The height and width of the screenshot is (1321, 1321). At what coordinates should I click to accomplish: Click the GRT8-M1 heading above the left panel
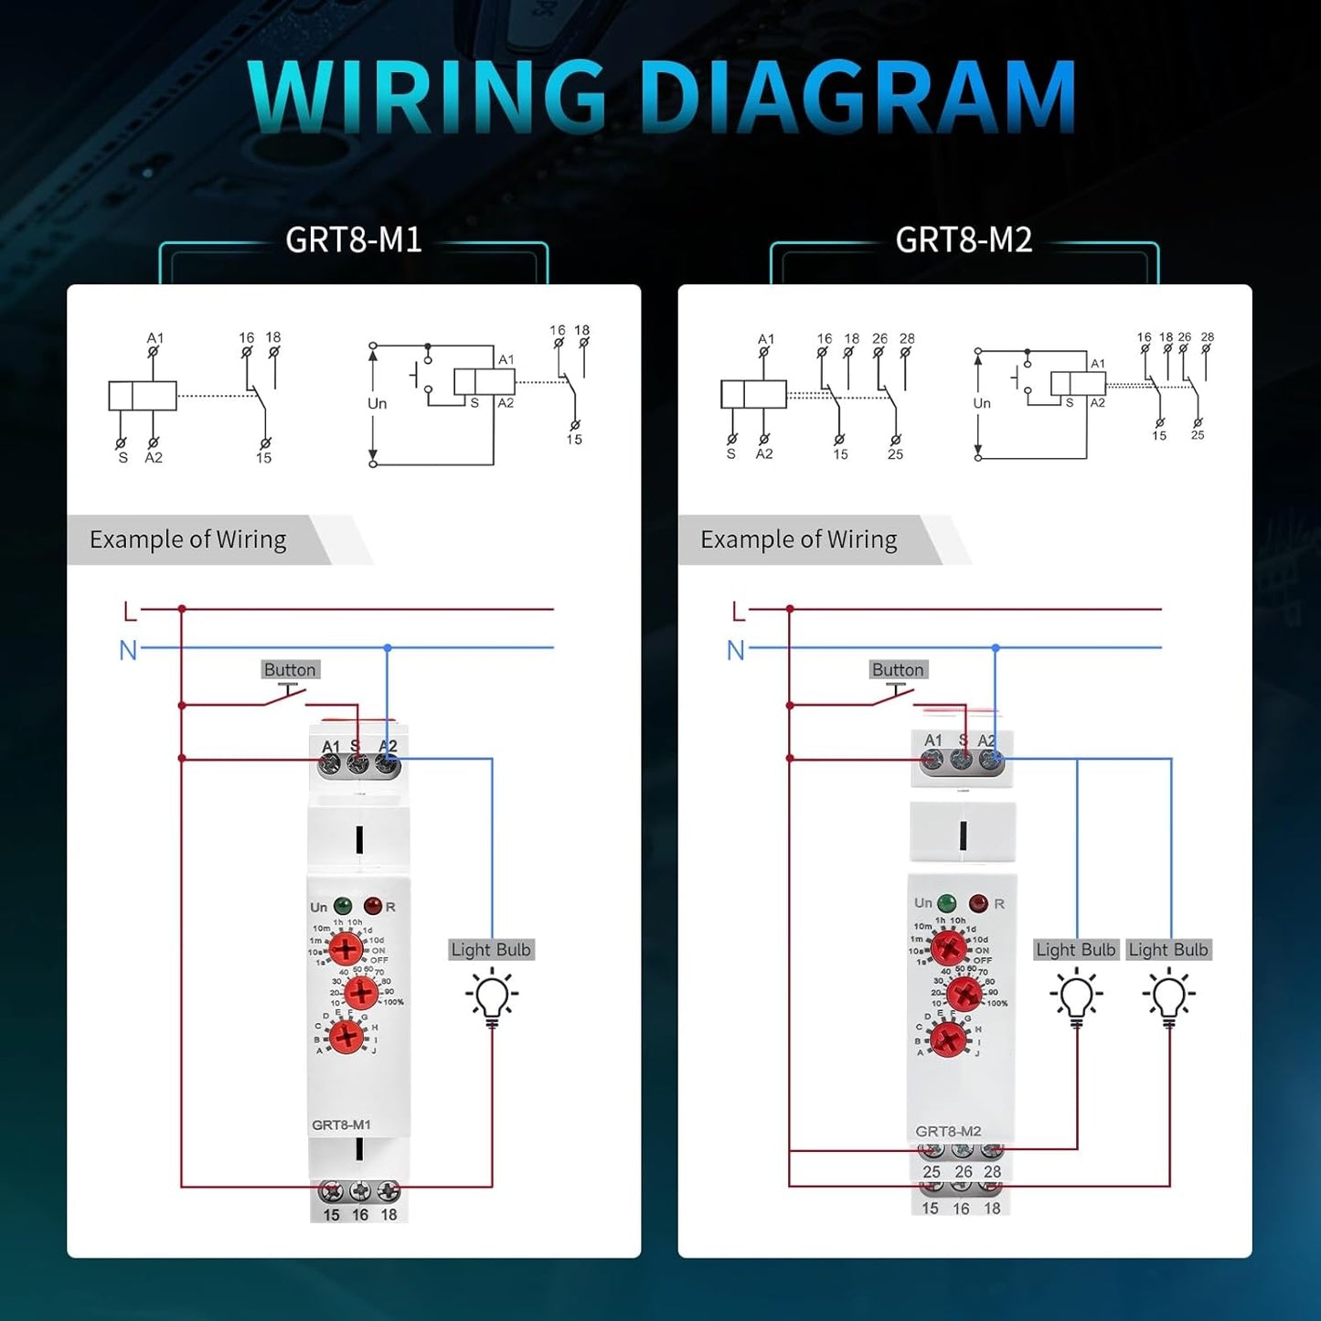353,240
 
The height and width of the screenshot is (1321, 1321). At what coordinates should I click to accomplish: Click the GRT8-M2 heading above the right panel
964,240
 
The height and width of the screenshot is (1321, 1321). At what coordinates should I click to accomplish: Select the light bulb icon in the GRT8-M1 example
492,997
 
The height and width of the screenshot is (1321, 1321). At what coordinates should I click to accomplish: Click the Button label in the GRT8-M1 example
290,670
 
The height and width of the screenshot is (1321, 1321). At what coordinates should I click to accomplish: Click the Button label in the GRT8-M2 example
898,670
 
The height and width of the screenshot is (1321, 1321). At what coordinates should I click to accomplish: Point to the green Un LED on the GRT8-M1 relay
343,906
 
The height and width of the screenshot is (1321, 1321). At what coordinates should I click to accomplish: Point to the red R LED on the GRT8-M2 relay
977,903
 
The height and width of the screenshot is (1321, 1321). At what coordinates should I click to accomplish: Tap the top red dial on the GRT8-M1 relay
346,948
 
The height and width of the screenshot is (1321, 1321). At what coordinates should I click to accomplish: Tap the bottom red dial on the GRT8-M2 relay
948,1039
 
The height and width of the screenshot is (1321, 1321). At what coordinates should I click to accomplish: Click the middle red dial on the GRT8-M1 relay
360,992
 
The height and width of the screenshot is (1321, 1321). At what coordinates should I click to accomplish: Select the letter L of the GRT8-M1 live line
130,611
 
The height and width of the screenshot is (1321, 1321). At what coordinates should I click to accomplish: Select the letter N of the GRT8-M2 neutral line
736,650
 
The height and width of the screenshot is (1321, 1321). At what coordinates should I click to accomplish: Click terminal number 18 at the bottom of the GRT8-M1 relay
389,1215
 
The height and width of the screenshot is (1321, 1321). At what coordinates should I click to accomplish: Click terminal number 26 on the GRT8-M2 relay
964,1172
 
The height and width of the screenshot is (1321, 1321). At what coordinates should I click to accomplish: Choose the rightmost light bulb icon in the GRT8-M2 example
1168,997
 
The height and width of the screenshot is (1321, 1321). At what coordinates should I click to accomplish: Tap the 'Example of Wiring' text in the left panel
187,539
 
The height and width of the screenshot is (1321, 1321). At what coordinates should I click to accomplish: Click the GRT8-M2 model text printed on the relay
948,1131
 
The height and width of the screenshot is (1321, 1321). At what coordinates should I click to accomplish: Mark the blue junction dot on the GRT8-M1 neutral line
388,647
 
